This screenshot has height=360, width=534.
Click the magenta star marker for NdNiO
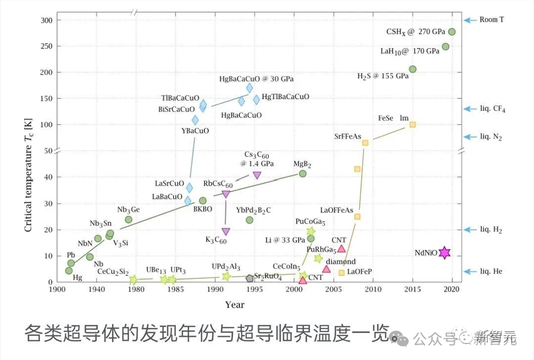pyautogui.click(x=444, y=253)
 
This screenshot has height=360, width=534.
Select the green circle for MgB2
pyautogui.click(x=303, y=173)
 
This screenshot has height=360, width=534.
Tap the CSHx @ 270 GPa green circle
pyautogui.click(x=452, y=32)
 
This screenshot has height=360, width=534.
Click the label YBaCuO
pyautogui.click(x=196, y=131)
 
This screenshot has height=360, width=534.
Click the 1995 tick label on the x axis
pyautogui.click(x=255, y=290)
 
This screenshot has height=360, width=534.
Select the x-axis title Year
pyautogui.click(x=235, y=305)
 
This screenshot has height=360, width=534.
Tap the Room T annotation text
pyautogui.click(x=491, y=20)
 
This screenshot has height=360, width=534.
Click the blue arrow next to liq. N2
pyautogui.click(x=469, y=137)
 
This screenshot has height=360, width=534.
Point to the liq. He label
pyautogui.click(x=491, y=271)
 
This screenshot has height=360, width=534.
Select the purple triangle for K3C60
pyautogui.click(x=226, y=231)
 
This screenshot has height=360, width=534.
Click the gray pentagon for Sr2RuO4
pyautogui.click(x=250, y=278)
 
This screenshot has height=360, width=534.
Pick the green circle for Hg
pyautogui.click(x=69, y=270)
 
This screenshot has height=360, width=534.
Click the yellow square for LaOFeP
pyautogui.click(x=342, y=273)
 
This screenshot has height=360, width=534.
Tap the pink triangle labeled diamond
pyautogui.click(x=326, y=269)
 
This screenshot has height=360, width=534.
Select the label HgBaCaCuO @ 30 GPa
pyautogui.click(x=256, y=78)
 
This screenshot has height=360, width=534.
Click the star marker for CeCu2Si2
pyautogui.click(x=133, y=279)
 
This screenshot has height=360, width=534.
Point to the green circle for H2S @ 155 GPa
pyautogui.click(x=412, y=69)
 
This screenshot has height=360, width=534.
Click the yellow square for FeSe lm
pyautogui.click(x=412, y=124)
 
